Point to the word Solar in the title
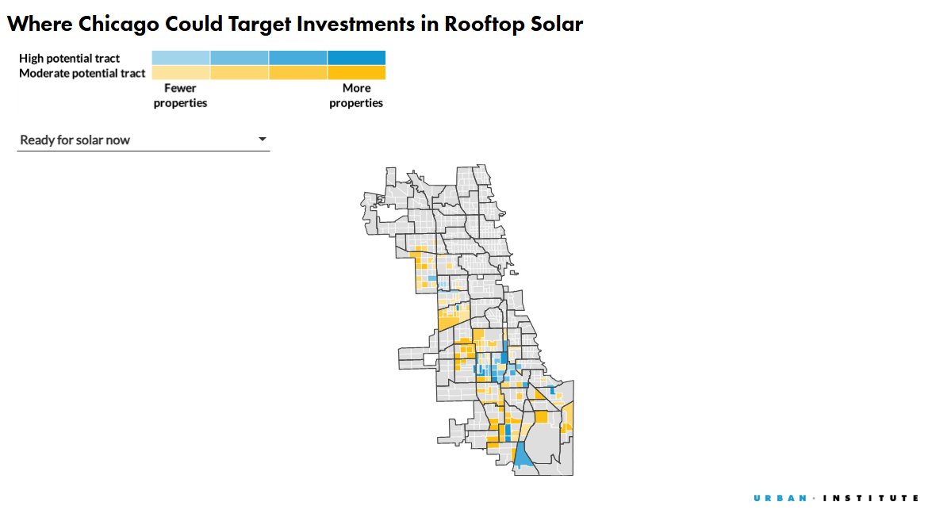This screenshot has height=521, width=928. pyautogui.click(x=557, y=25)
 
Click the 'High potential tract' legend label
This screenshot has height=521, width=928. pyautogui.click(x=69, y=59)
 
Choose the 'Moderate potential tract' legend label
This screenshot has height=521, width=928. pyautogui.click(x=82, y=73)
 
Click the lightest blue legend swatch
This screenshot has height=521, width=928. pyautogui.click(x=181, y=58)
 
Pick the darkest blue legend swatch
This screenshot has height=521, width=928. pyautogui.click(x=356, y=58)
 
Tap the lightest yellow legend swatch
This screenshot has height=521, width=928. pyautogui.click(x=181, y=72)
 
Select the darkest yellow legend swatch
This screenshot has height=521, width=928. pyautogui.click(x=356, y=72)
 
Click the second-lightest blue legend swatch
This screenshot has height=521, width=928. pyautogui.click(x=240, y=58)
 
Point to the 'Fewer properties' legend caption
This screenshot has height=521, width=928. pyautogui.click(x=180, y=96)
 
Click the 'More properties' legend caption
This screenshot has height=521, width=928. pyautogui.click(x=356, y=96)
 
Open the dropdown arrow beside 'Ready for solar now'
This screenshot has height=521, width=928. pyautogui.click(x=262, y=140)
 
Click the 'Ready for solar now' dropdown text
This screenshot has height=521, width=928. pyautogui.click(x=75, y=140)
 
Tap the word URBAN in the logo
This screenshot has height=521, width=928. pyautogui.click(x=780, y=498)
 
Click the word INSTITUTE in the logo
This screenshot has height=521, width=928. pyautogui.click(x=871, y=498)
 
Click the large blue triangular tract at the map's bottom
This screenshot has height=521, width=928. pyautogui.click(x=522, y=458)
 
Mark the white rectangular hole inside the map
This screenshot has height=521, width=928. pyautogui.click(x=431, y=359)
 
